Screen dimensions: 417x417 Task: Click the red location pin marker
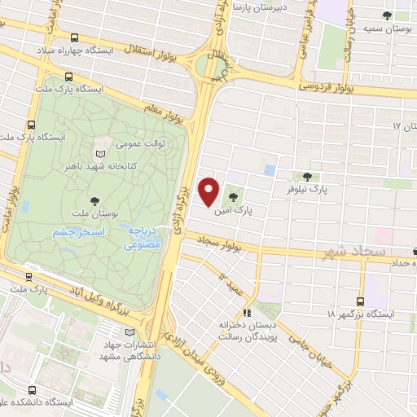209,191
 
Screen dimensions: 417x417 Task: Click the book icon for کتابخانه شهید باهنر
100,153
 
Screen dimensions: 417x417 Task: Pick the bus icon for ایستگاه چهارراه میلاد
75,37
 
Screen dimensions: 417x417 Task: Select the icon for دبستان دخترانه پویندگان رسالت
247,312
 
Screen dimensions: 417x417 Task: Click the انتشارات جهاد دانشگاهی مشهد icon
132,332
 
